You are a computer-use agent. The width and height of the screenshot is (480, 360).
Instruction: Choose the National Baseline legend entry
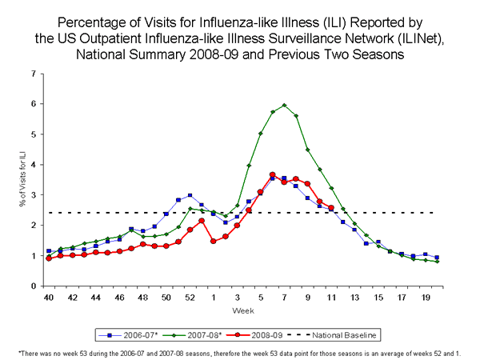[x=336, y=334]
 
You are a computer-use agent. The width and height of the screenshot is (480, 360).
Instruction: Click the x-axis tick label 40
[x=49, y=297]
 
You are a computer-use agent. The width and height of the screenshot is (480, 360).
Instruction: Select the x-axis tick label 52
[x=190, y=297]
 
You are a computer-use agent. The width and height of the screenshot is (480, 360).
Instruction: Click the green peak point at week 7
[x=284, y=105]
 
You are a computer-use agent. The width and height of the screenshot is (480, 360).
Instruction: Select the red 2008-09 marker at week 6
[x=272, y=174]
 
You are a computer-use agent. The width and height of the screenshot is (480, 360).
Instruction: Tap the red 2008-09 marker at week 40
[x=49, y=258]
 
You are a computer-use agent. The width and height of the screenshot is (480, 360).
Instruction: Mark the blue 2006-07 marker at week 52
[x=190, y=195]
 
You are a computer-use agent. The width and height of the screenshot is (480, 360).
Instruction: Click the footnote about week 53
[x=240, y=352]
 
